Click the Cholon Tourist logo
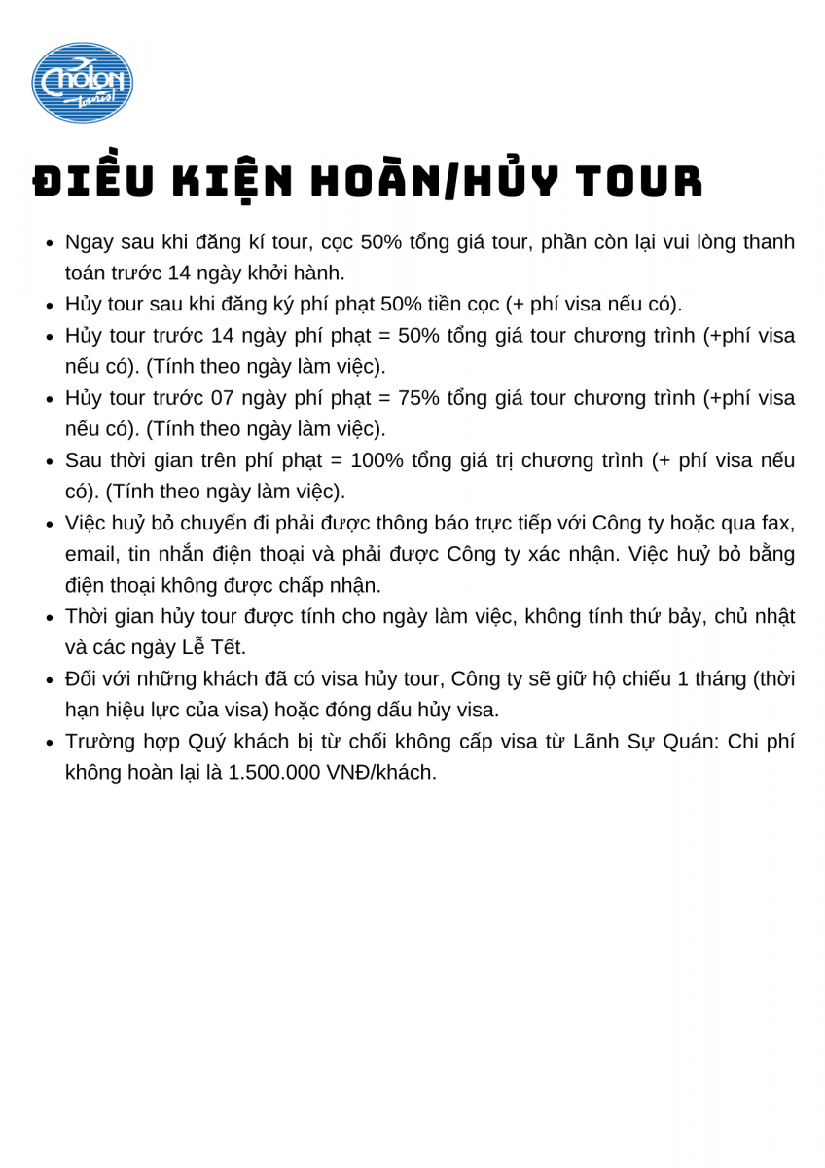tap(82, 83)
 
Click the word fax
tap(778, 523)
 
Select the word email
tap(90, 554)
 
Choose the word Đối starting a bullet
tap(84, 678)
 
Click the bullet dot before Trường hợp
tap(50, 743)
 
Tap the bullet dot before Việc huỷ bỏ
tap(50, 525)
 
